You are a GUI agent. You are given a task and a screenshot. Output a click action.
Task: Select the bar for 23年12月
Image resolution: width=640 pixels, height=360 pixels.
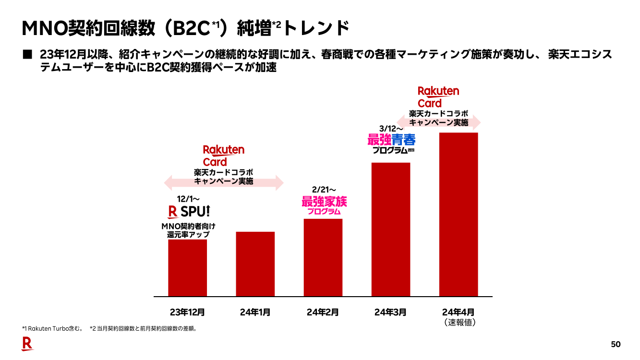(187, 267)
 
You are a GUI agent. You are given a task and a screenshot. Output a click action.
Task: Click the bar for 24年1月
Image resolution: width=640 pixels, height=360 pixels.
(255, 264)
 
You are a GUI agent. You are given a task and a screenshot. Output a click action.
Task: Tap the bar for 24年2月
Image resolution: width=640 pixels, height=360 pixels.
(323, 257)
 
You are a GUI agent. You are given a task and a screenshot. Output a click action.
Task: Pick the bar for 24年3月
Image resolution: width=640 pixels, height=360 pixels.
(391, 229)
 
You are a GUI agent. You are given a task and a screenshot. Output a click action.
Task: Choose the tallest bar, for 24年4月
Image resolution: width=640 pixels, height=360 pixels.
(459, 214)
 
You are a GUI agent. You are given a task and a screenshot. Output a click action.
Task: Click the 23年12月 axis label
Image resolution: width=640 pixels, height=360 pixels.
(187, 312)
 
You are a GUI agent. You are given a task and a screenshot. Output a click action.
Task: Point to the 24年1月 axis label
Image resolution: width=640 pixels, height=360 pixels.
(255, 312)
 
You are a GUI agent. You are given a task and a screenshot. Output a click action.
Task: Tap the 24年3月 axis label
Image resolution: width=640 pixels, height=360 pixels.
(390, 312)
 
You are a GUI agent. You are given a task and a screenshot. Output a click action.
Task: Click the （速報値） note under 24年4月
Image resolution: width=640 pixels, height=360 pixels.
(459, 323)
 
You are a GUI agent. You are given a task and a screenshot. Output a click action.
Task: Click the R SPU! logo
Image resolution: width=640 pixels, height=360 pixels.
(189, 212)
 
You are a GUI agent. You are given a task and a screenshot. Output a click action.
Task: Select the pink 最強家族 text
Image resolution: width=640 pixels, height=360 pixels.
(324, 202)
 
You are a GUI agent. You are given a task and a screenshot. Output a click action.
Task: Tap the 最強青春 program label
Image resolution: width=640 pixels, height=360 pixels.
(391, 140)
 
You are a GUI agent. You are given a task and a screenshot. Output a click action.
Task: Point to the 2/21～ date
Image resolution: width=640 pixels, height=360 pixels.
(324, 190)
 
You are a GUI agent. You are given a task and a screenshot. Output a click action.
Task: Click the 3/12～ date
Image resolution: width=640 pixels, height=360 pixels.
(391, 129)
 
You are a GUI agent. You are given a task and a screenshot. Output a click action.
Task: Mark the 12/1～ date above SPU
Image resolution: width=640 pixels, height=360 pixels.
(188, 198)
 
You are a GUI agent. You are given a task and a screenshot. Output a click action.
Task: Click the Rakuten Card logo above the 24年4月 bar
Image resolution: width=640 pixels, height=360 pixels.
(438, 97)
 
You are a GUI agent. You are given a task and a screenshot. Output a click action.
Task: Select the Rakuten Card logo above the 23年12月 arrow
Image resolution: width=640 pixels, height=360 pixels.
(223, 156)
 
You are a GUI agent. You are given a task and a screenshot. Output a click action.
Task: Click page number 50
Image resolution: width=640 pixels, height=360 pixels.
(616, 344)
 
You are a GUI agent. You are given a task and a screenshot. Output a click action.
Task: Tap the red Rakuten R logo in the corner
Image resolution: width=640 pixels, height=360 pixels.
(27, 344)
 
